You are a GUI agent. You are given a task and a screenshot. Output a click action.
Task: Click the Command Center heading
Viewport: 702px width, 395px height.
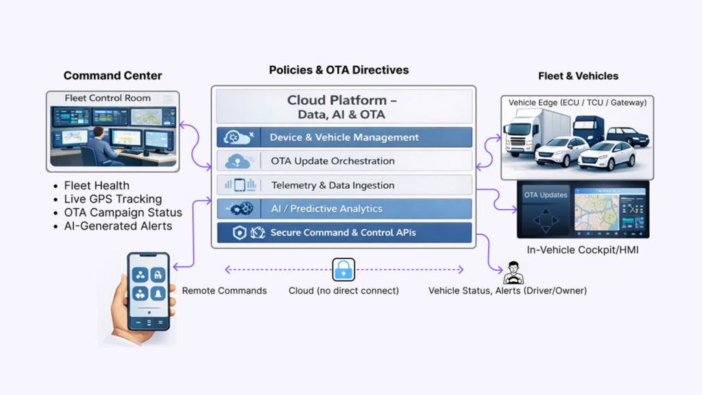click(113, 75)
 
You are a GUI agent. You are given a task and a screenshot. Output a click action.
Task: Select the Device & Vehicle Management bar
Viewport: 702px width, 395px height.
click(344, 137)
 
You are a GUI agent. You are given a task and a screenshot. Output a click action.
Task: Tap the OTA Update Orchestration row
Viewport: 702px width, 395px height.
click(344, 161)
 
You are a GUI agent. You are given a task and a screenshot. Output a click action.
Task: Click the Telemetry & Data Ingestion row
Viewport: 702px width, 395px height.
click(344, 185)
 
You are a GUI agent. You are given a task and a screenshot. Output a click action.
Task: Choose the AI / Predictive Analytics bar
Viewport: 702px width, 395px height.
click(344, 208)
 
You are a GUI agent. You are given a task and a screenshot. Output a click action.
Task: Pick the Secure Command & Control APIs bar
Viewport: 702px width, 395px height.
click(344, 232)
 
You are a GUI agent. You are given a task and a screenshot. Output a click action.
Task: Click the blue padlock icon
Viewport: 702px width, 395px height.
click(343, 270)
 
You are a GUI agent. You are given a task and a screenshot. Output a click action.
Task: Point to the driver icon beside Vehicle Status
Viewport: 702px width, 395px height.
click(513, 273)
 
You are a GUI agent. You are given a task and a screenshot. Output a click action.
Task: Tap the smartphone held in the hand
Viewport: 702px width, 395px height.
click(148, 291)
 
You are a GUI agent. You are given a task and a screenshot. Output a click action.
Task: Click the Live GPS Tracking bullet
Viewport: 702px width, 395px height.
click(112, 199)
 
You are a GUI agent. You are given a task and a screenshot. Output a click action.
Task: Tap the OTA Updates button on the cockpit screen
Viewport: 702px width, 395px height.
click(546, 195)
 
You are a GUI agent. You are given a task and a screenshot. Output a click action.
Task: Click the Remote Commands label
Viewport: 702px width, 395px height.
click(224, 291)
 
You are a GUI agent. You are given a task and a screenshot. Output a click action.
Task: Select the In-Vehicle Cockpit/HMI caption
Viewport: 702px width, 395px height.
click(583, 250)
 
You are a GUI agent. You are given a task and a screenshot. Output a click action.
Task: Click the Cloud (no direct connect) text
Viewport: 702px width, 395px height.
click(343, 291)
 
